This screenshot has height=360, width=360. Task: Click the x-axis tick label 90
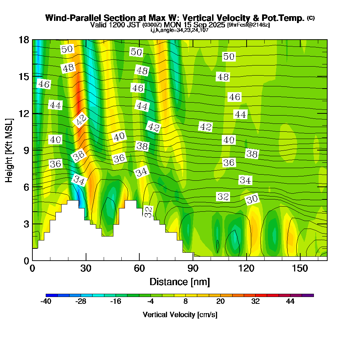click(x=193, y=269)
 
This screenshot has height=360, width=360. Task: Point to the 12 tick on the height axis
click(x=23, y=113)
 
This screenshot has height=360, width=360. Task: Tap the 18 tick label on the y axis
click(x=23, y=40)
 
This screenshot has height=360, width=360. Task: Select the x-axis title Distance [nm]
click(x=180, y=282)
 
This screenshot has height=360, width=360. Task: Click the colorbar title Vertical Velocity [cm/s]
click(x=180, y=315)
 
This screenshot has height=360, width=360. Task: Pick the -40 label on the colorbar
click(x=46, y=302)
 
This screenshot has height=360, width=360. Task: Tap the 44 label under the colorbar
click(x=290, y=302)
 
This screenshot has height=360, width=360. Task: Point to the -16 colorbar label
click(x=116, y=302)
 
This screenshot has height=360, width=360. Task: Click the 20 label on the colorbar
click(x=221, y=302)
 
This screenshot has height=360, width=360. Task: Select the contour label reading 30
click(x=252, y=199)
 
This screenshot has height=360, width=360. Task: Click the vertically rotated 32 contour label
click(x=148, y=212)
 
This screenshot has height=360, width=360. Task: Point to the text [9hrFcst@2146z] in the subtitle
click(x=248, y=25)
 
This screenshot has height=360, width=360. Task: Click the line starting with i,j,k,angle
click(x=180, y=30)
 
